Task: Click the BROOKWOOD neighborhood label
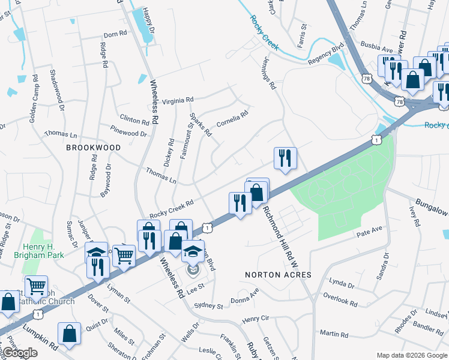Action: [93, 147]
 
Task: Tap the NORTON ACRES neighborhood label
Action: [278, 275]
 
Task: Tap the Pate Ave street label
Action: [370, 230]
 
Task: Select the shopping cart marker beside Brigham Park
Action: [36, 286]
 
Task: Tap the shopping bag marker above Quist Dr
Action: [70, 334]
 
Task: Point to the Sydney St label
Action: [209, 305]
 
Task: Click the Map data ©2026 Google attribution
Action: [412, 355]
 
